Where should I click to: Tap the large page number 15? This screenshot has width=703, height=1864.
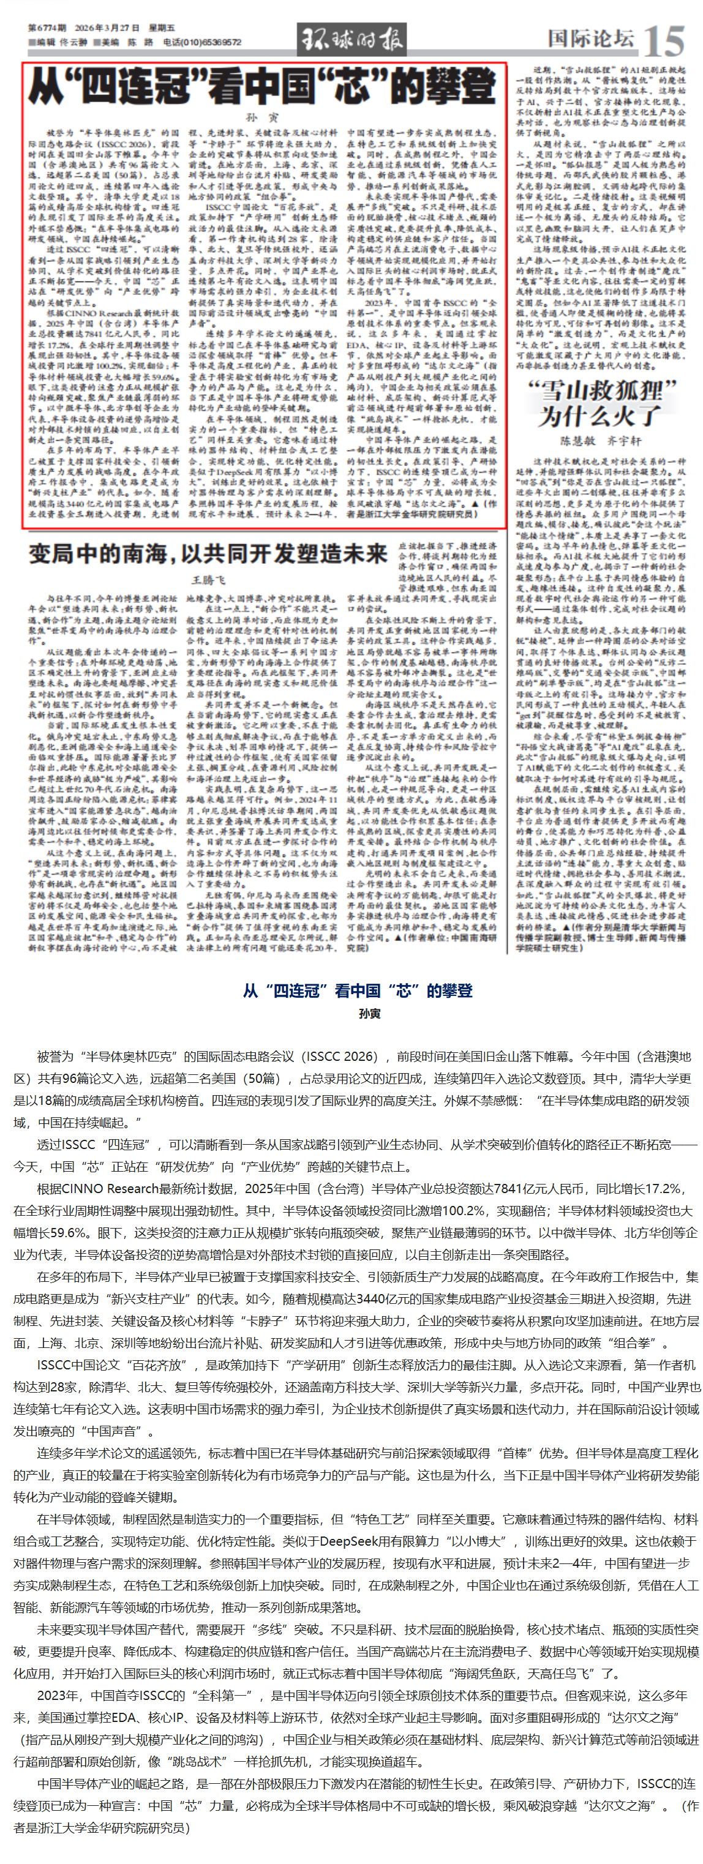pos(663,40)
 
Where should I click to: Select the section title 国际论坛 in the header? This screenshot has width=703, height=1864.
pos(590,37)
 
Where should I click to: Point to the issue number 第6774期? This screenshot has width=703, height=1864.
pos(47,28)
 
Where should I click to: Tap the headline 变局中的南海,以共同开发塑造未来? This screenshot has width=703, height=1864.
pos(208,553)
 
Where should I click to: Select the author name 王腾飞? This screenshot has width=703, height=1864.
pos(208,580)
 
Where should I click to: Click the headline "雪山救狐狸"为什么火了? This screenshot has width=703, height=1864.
pos(600,403)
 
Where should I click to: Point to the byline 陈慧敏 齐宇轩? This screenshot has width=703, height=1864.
pos(600,441)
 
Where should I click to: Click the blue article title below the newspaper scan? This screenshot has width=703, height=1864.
pos(358,990)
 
